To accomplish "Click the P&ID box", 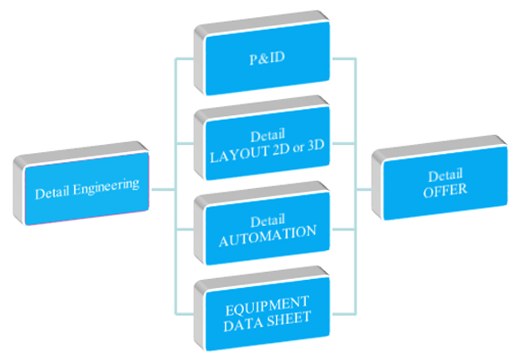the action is click(x=262, y=53).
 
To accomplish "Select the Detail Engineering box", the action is click(x=81, y=184).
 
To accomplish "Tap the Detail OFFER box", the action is click(x=440, y=177).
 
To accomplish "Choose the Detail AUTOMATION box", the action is click(x=262, y=223).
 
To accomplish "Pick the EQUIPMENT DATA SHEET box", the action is click(x=262, y=309).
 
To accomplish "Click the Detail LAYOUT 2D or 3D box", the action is click(x=262, y=139).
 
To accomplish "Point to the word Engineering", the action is click(x=106, y=187).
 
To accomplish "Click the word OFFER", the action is click(x=445, y=190).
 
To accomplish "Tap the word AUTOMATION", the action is click(x=267, y=236).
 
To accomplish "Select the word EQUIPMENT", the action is click(x=267, y=306).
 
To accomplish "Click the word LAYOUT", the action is click(x=240, y=154).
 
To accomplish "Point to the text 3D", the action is click(x=316, y=146).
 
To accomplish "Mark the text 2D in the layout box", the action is click(x=281, y=149).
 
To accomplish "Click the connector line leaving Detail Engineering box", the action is click(x=163, y=190).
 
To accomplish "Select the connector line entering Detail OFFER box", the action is click(x=364, y=190).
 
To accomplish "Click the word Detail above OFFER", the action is click(x=445, y=175).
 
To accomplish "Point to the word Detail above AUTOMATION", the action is click(x=267, y=220).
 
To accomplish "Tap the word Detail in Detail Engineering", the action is click(x=52, y=193).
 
